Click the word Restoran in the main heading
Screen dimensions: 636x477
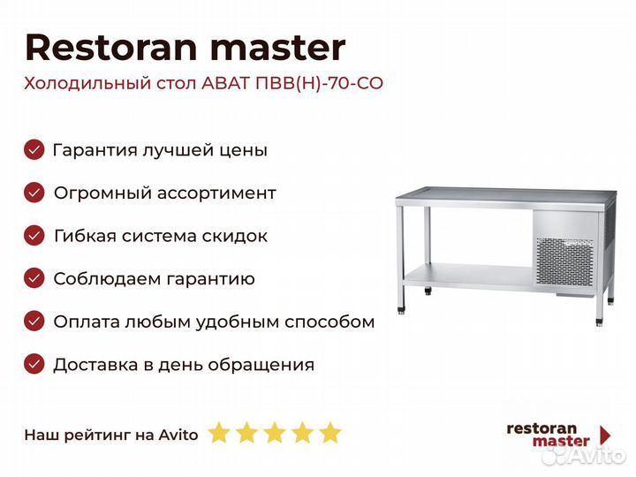[111, 48]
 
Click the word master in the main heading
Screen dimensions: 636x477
[278, 49]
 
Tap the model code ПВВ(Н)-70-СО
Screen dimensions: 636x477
[319, 83]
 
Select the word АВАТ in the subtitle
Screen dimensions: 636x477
[225, 83]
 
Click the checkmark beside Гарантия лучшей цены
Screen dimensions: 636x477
[34, 149]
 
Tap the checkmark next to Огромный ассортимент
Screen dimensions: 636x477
[34, 193]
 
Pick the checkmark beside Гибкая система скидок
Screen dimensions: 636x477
[34, 236]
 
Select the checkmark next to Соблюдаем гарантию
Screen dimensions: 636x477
[34, 278]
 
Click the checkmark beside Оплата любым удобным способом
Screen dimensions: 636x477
[34, 322]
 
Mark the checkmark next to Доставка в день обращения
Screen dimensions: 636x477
[34, 364]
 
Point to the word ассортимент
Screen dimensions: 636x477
[216, 193]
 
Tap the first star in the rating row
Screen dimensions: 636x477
[219, 433]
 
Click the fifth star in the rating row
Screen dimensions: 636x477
[330, 433]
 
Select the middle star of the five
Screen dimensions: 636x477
[275, 433]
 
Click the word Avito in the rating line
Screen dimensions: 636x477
[178, 435]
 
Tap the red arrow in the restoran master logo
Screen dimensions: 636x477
[604, 435]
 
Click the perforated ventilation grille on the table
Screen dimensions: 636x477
[564, 261]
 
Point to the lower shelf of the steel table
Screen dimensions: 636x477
[468, 276]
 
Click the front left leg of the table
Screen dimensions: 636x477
[400, 259]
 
